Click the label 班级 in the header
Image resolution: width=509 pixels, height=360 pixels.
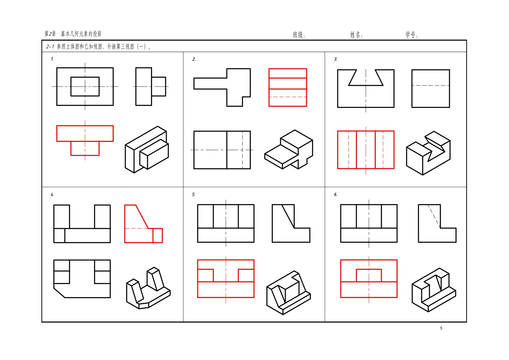click(298, 35)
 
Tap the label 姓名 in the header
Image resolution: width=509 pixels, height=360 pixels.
click(355, 35)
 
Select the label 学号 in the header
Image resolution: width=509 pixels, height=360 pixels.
click(410, 35)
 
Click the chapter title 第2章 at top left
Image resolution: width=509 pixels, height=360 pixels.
click(50, 34)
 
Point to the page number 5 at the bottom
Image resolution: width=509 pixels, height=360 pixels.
click(441, 328)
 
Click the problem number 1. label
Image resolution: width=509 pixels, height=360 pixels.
click(52, 59)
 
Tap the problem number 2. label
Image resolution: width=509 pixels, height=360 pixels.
click(194, 59)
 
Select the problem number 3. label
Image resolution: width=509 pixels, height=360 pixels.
click(336, 59)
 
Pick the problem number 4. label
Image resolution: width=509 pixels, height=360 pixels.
click(52, 195)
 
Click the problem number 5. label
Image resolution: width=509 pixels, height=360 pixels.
click(194, 195)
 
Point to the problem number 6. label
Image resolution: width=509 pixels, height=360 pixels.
click(336, 195)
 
